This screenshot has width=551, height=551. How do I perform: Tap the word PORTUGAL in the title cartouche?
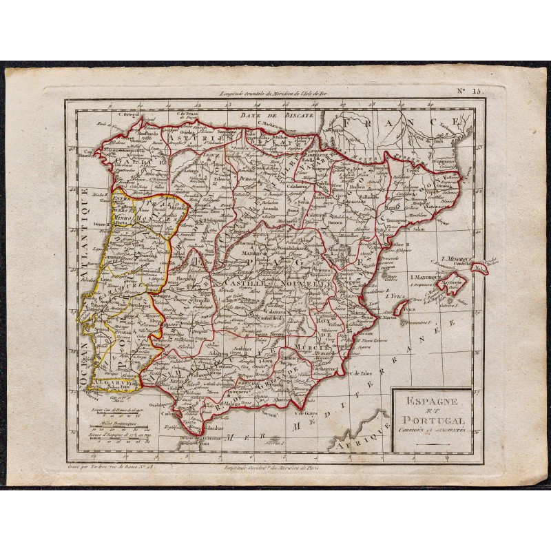[x=431, y=420]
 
